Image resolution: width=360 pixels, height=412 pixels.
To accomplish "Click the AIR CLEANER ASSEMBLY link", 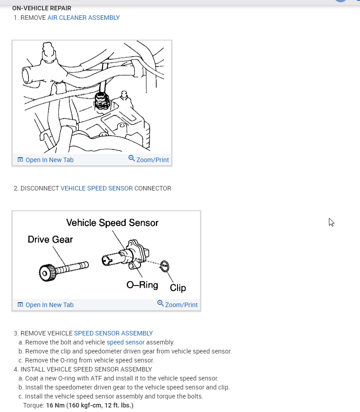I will click(x=83, y=18).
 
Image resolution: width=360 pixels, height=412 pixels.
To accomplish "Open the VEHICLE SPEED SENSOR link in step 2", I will click(x=96, y=188).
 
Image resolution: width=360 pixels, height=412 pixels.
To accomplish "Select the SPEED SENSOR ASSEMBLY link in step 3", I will click(x=113, y=333).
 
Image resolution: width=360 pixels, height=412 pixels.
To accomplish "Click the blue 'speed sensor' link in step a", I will click(x=125, y=342).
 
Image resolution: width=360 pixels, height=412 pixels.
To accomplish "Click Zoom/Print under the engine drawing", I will click(x=149, y=160).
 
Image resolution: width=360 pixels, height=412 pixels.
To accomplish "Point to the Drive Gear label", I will click(x=50, y=240).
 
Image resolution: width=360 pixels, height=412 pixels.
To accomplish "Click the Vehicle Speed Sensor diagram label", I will click(x=112, y=222).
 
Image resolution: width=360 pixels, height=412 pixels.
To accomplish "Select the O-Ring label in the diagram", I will click(x=142, y=285).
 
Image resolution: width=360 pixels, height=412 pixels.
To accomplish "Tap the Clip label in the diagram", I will click(x=178, y=288).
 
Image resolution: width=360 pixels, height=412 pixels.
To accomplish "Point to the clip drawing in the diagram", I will click(x=165, y=266).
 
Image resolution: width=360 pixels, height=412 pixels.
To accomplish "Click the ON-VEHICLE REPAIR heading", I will click(x=41, y=8).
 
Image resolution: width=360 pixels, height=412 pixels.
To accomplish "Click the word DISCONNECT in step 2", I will click(x=40, y=188).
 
